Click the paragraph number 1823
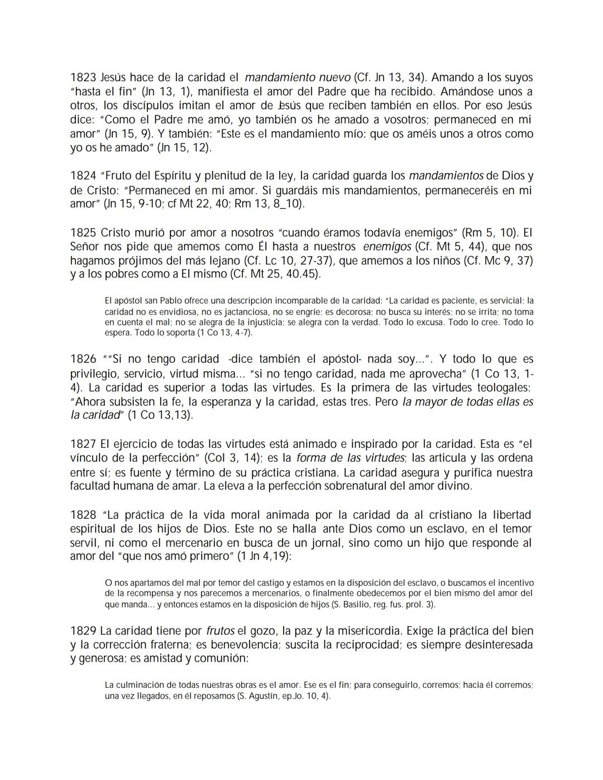83,78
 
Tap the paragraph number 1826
83,359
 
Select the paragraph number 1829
83,631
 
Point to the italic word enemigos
387,246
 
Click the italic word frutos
220,631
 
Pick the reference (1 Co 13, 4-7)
224,333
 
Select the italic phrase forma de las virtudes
350,458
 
